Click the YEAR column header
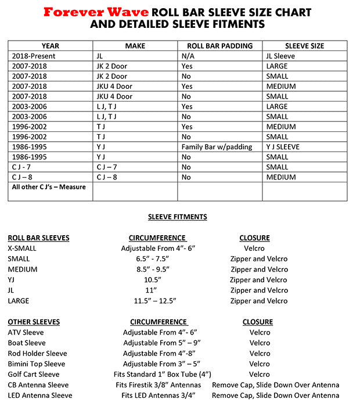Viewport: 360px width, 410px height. pos(50,46)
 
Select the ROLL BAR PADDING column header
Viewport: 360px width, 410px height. pos(219,46)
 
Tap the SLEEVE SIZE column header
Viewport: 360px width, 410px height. pos(304,46)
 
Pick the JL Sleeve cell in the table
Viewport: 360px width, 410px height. pos(280,56)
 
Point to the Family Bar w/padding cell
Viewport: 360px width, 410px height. pos(217,147)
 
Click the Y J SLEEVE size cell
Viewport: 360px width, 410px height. pos(283,147)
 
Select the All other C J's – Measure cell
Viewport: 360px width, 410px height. pos(49,187)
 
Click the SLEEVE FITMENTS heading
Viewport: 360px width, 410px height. pos(177,217)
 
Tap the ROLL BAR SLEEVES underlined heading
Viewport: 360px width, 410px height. pos(38,238)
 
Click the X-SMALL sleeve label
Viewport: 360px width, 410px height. pos(23,249)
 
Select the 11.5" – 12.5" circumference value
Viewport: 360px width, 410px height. pos(155,301)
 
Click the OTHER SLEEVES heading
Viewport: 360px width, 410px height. pos(34,322)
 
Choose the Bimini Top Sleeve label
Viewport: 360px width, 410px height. pos(37,364)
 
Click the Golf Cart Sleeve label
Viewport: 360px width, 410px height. pos(34,375)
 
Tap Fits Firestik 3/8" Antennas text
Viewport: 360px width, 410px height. pos(158,385)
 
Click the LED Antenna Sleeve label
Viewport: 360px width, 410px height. pos(40,395)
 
